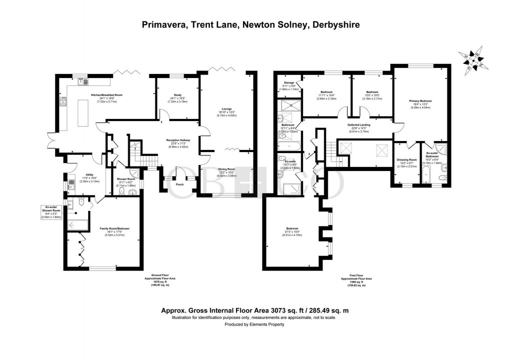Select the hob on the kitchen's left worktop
(x=63, y=103)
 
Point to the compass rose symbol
(x=472, y=60)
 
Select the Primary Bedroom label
(x=419, y=101)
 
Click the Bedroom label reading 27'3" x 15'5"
(x=294, y=231)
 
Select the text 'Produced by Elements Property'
(x=253, y=324)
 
